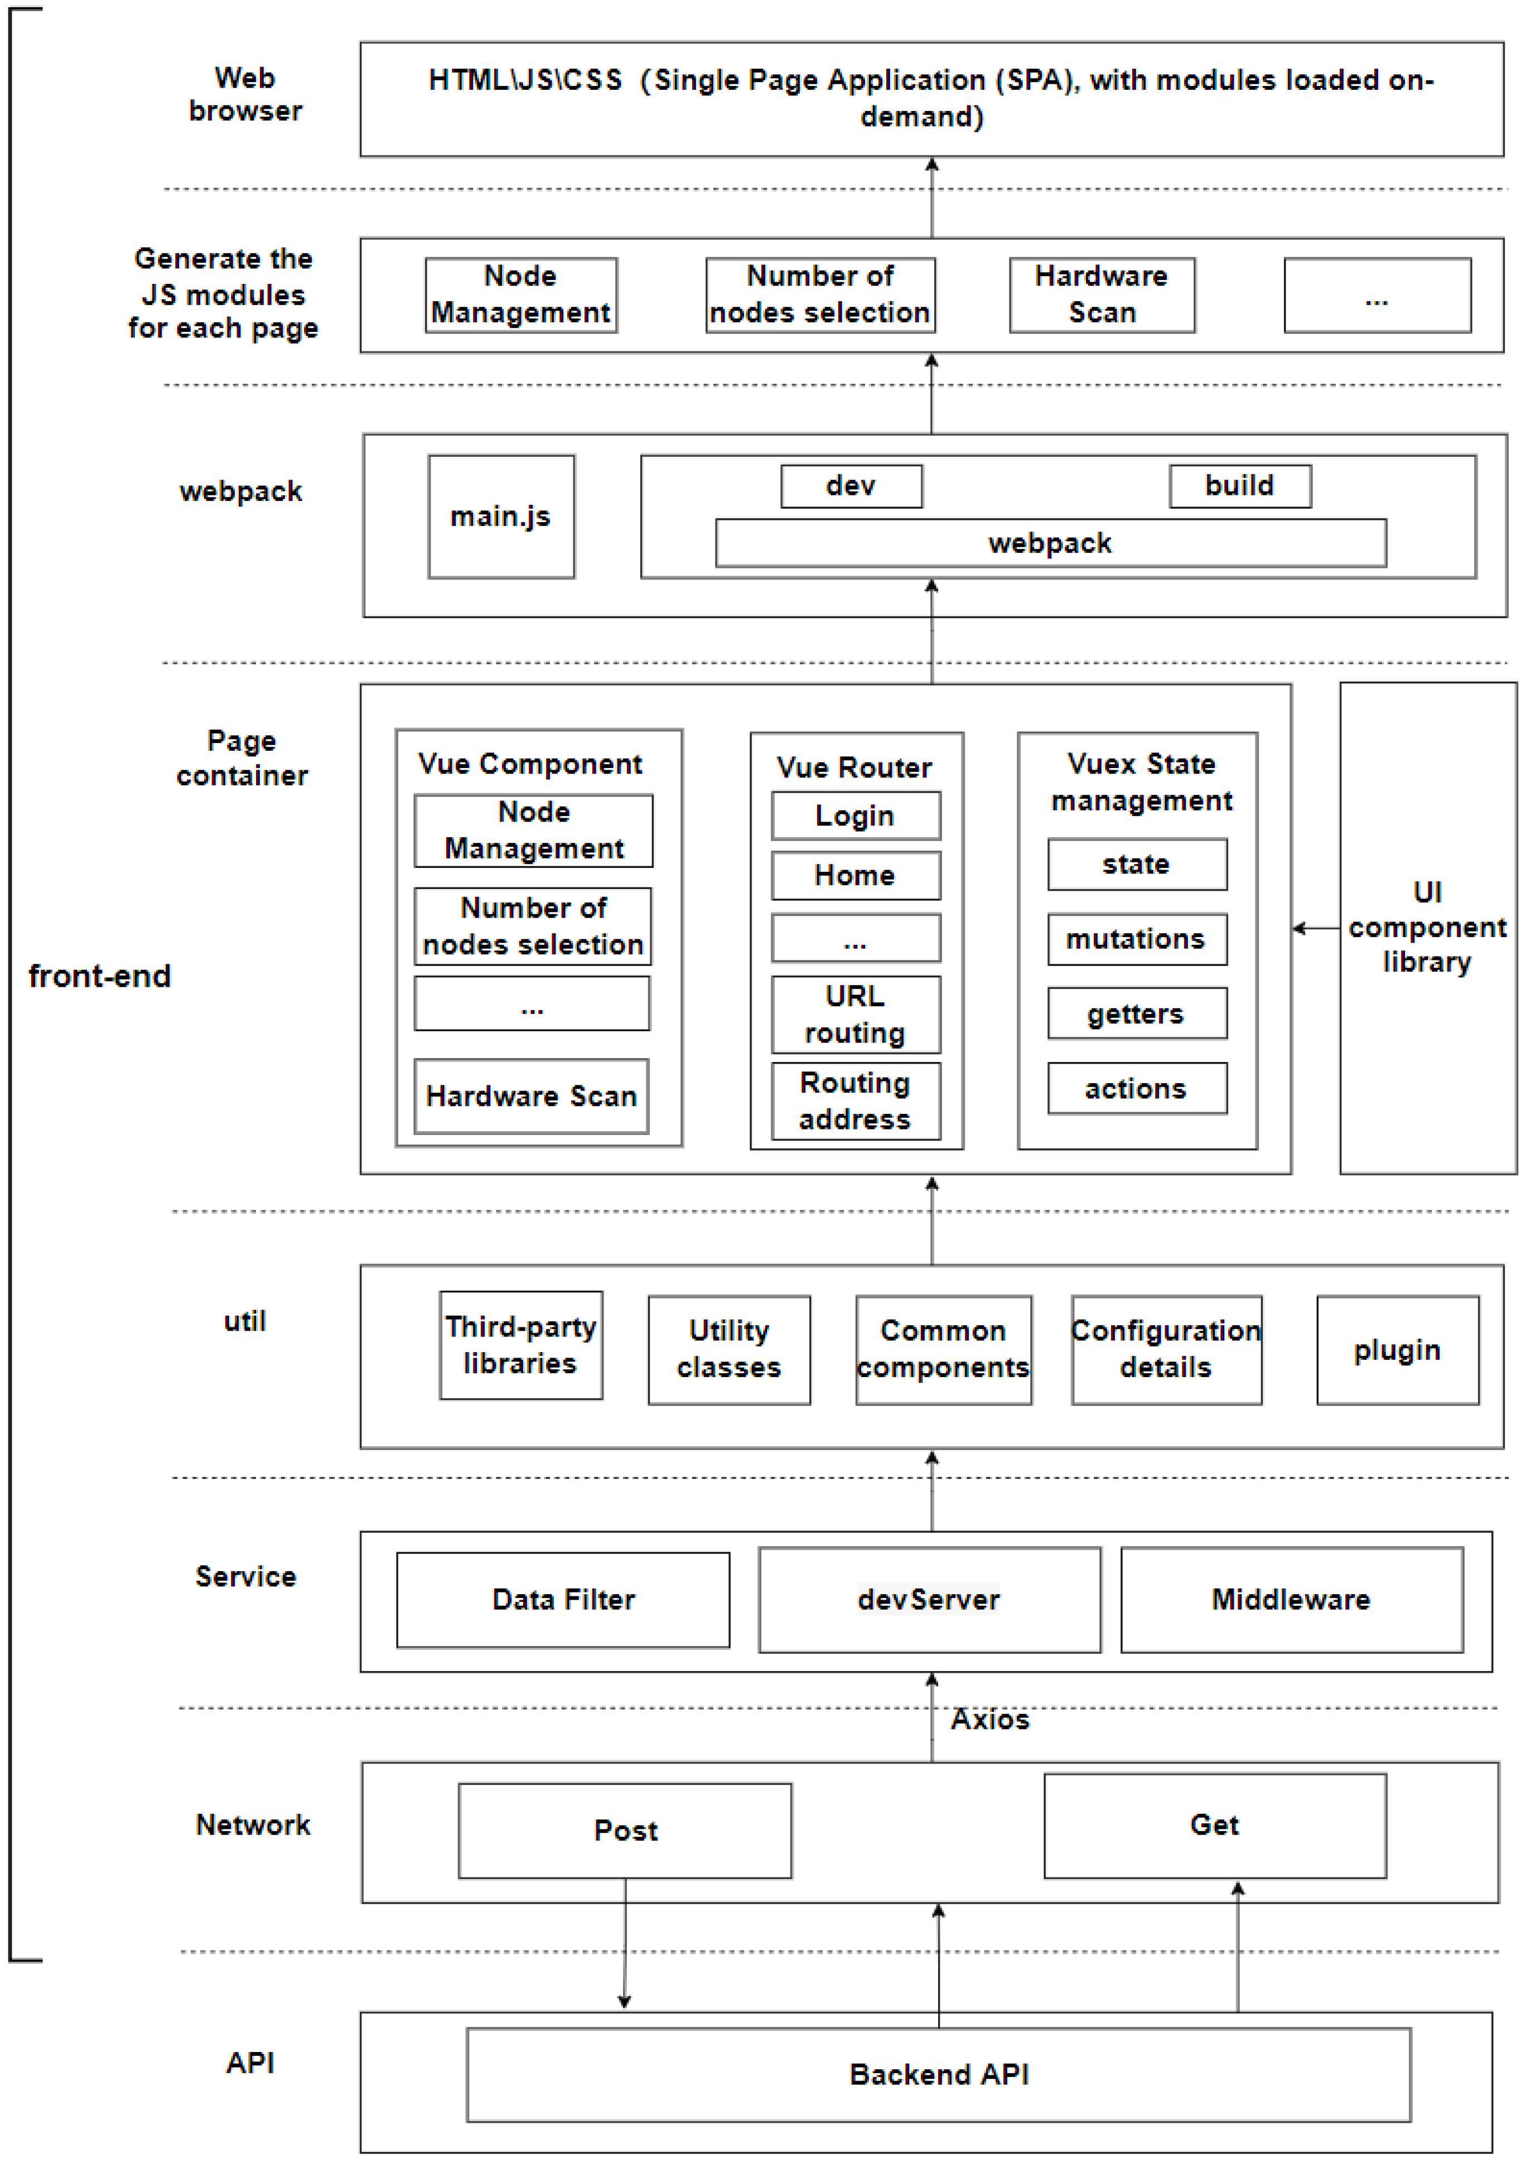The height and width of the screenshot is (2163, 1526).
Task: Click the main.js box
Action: click(x=500, y=516)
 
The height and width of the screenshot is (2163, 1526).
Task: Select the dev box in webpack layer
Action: click(x=851, y=486)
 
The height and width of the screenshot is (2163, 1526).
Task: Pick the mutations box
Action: click(x=1136, y=939)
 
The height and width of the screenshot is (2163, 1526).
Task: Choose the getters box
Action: click(x=1136, y=1013)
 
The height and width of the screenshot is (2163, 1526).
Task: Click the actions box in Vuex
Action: click(x=1136, y=1089)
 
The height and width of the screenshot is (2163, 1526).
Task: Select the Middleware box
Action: click(x=1291, y=1600)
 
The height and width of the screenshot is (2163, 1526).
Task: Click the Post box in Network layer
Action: click(x=625, y=1831)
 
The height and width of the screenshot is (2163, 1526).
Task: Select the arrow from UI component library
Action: click(x=1315, y=929)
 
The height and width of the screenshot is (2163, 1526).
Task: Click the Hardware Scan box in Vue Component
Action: click(x=532, y=1097)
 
